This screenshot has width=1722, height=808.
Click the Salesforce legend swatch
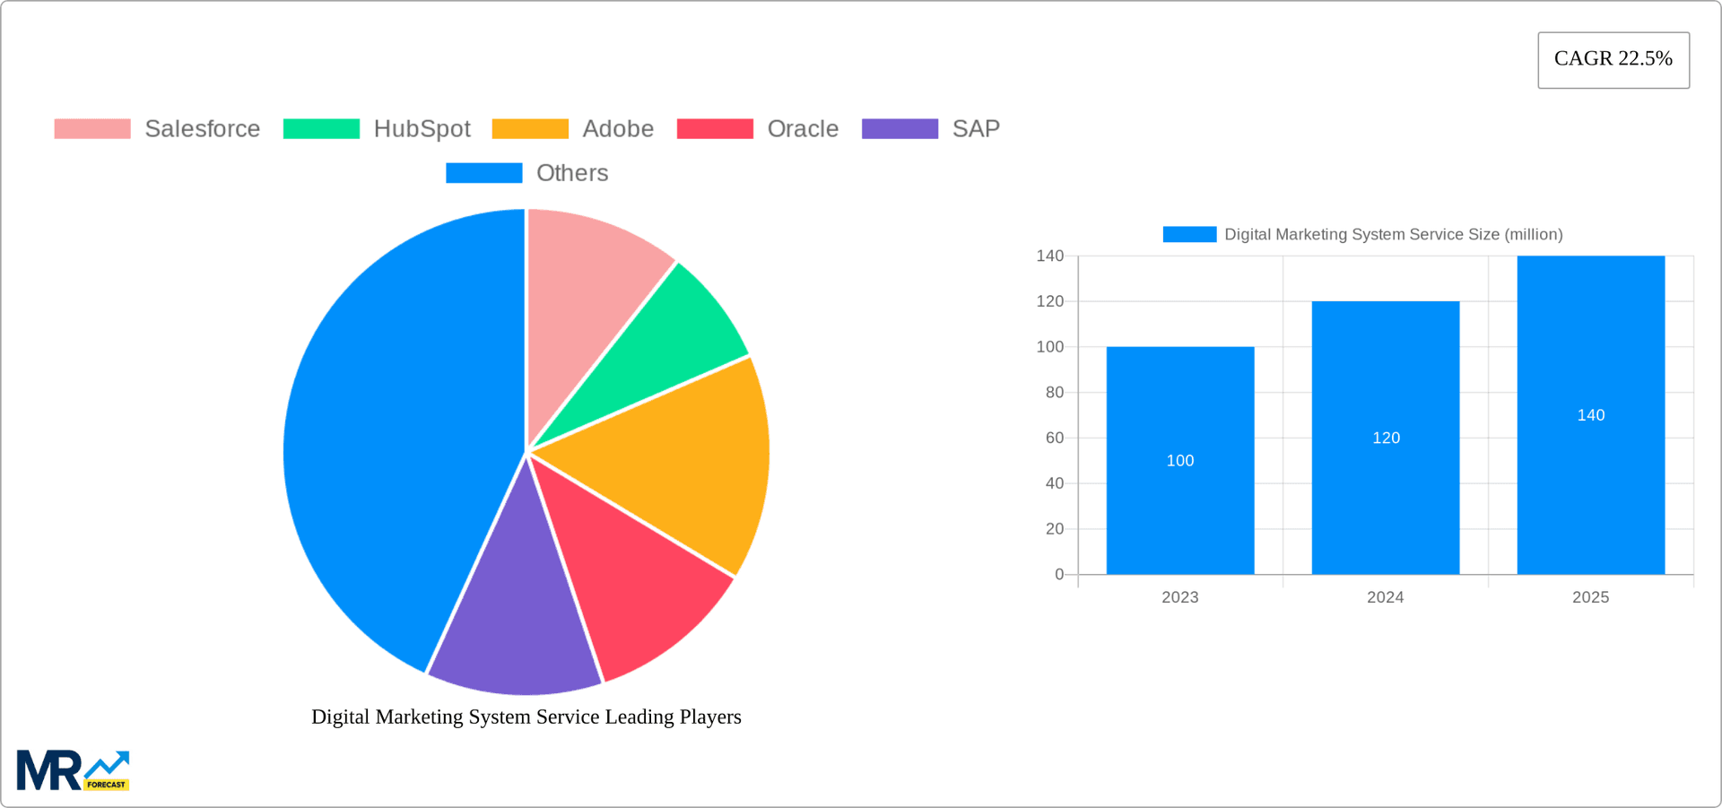92,129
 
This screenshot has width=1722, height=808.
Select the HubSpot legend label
422,129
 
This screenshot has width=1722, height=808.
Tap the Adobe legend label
618,129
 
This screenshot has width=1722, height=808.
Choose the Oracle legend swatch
715,129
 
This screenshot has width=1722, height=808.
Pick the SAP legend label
976,129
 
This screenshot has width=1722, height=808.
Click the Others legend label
572,173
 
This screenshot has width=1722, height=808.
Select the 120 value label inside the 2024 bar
1386,438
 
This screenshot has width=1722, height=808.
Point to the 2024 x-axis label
1385,597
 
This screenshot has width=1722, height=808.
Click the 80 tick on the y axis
1054,392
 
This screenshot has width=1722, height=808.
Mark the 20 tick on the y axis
1054,529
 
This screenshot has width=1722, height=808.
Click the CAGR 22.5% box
1613,60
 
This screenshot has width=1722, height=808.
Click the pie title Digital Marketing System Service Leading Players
526,717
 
